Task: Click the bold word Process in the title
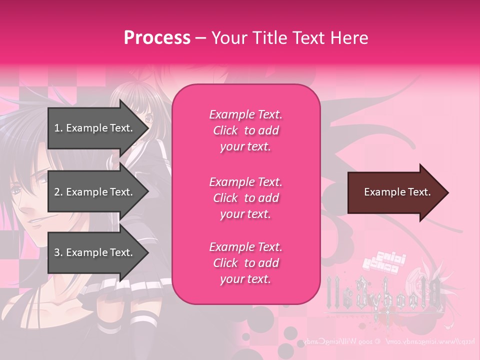(157, 37)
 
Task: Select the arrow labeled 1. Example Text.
(95, 128)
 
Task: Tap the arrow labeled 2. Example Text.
(95, 192)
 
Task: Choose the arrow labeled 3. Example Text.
(95, 252)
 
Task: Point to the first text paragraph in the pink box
(245, 130)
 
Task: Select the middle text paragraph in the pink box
(245, 198)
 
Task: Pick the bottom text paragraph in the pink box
(245, 263)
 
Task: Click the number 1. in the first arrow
(58, 128)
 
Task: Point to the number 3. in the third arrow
(58, 252)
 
